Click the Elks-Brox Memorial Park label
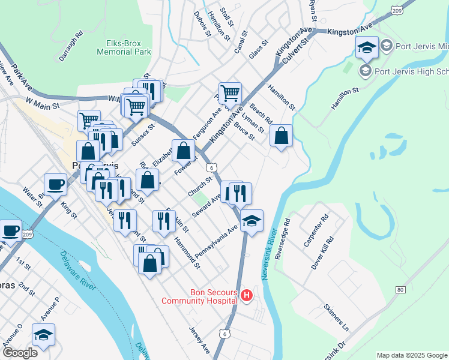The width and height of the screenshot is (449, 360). pos(124,47)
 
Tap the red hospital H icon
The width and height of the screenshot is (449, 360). pos(247,296)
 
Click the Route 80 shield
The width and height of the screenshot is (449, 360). pos(400,290)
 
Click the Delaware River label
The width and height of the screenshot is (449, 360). pos(78,270)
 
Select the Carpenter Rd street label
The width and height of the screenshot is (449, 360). pos(315,230)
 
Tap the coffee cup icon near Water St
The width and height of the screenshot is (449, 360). pos(56,184)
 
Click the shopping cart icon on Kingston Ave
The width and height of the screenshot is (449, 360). pos(230,93)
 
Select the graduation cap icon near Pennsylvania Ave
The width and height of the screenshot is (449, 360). pos(252,220)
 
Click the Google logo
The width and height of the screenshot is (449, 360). pos(19,353)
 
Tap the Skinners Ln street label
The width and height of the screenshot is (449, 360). pos(336,316)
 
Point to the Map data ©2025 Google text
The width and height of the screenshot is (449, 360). pos(412,355)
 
